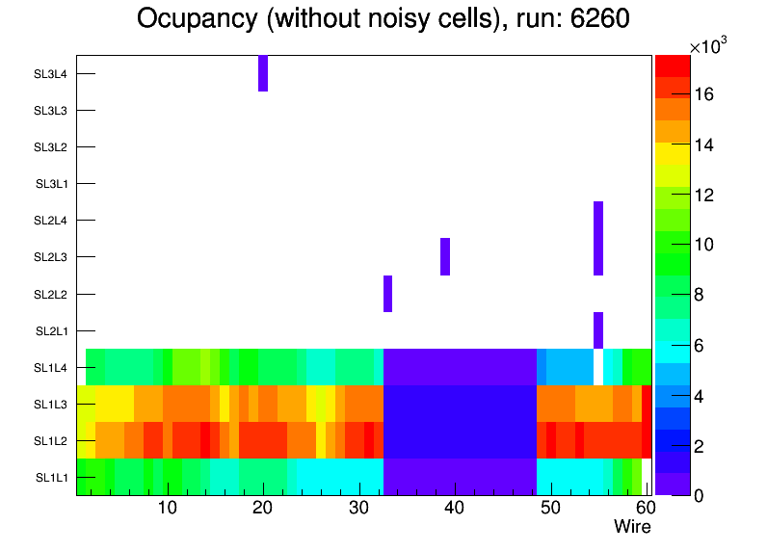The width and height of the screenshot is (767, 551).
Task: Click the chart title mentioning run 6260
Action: (383, 19)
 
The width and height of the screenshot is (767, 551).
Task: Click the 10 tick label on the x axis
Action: (167, 509)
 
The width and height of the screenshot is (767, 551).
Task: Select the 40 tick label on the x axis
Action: (454, 509)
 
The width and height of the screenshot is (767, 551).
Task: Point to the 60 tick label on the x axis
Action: (645, 509)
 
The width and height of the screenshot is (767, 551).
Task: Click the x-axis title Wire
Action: (632, 527)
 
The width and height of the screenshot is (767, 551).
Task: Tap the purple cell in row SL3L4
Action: (263, 73)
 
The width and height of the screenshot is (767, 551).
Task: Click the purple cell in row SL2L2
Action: (387, 294)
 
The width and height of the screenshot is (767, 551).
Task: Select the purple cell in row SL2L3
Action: (445, 256)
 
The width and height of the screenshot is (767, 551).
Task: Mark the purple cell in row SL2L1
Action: (598, 330)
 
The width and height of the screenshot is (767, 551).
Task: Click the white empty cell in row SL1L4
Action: (598, 367)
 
